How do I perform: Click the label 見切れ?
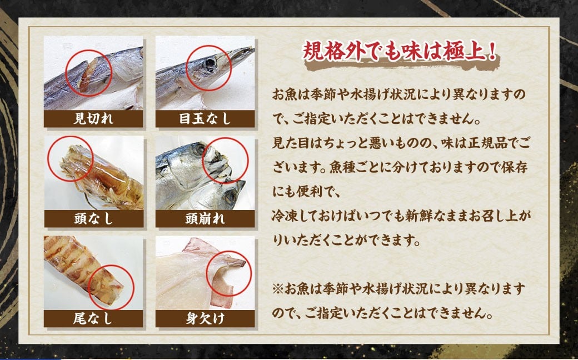click(x=93, y=118)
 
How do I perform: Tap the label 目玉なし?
click(x=205, y=118)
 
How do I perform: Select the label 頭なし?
click(x=93, y=218)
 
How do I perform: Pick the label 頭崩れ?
click(x=205, y=218)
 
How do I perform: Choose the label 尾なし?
click(x=93, y=318)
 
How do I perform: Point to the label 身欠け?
click(x=205, y=318)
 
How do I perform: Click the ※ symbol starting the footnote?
click(x=278, y=291)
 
